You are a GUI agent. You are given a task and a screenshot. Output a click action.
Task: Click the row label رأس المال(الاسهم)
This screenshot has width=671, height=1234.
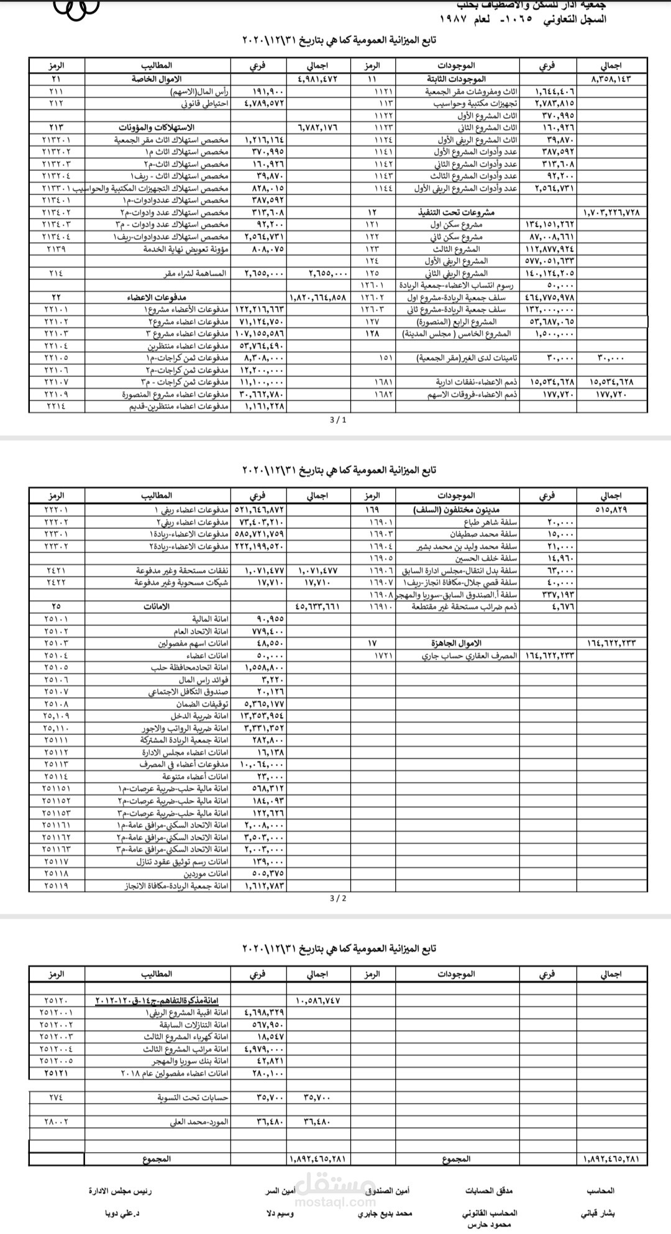point(201,91)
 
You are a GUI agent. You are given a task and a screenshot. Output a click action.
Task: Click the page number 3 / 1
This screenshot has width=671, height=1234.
point(339,420)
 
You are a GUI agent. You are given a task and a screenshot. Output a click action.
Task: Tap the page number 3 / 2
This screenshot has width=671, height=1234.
point(339,898)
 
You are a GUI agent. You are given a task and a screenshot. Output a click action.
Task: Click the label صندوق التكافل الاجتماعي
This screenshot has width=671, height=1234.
point(188,691)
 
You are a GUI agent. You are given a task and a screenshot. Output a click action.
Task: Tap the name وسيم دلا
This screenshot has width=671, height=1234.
point(280,1212)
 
